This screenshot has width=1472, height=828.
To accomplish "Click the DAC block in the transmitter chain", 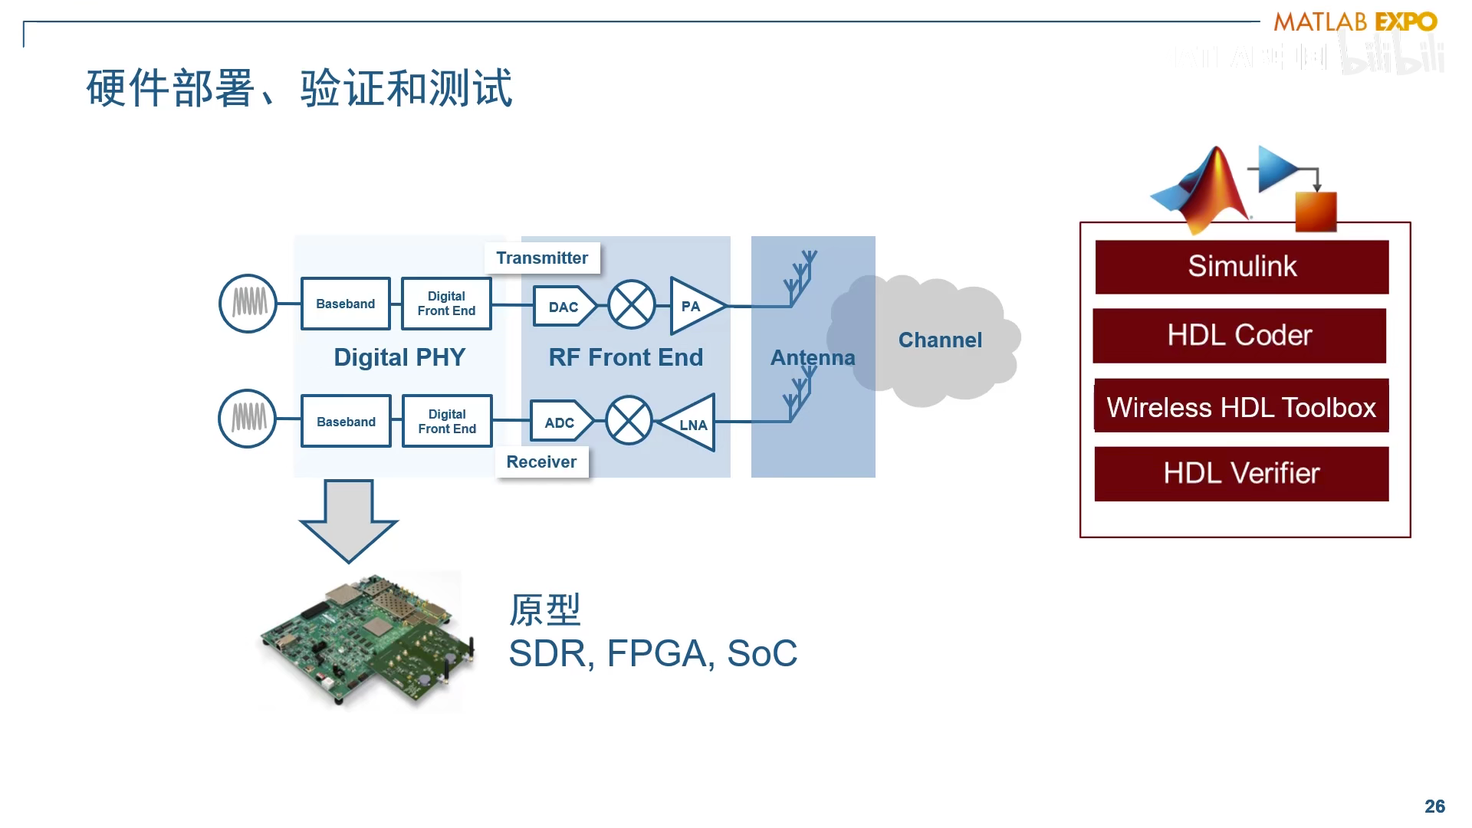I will [563, 307].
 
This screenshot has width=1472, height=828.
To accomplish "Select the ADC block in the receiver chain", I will [560, 422].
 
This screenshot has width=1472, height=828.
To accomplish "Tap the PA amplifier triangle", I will [692, 307].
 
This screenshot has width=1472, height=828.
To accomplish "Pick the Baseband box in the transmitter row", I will [346, 304].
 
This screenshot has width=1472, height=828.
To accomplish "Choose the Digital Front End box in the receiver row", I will [447, 422].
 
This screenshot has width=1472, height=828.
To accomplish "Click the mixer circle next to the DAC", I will [632, 304].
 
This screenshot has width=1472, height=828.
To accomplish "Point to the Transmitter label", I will [542, 258].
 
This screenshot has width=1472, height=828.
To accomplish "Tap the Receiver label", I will [541, 462].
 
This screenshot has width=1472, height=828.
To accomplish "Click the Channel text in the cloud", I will [940, 340].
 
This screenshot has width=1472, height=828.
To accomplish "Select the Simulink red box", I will [1242, 267].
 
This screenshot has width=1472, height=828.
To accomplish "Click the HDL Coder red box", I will [1240, 336].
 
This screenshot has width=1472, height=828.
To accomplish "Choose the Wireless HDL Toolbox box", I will [1241, 406].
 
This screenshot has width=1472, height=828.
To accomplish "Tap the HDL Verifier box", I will [1241, 474].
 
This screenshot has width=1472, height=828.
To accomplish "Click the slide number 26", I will [1434, 806].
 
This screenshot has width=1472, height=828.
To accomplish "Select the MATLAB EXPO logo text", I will [1355, 21].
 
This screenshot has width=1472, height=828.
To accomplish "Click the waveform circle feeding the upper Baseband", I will [248, 304].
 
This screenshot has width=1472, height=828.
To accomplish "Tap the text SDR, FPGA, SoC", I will [652, 654].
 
